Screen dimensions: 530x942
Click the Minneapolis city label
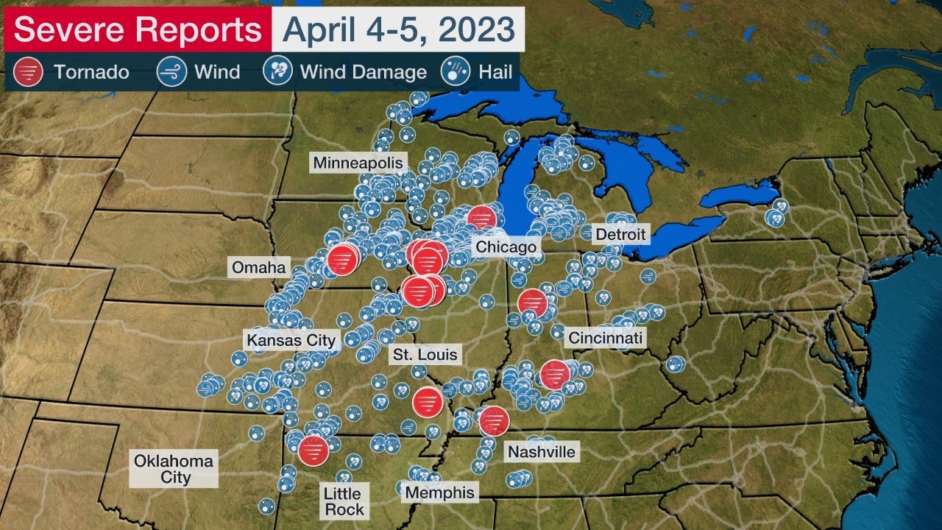point(358,162)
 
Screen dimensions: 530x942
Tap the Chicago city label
point(506,247)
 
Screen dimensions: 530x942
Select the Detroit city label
point(620,235)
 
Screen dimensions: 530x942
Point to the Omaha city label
point(258,267)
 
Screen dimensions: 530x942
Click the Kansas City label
point(291,340)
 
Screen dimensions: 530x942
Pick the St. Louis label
point(425,355)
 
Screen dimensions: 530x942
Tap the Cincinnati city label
point(605,338)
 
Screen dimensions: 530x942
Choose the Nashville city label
point(541,451)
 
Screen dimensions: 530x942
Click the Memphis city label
point(441,492)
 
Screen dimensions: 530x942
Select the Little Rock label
point(344,501)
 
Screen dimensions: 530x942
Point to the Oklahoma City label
point(174,469)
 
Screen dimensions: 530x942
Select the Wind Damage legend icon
point(277,71)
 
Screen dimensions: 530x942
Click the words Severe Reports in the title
point(138,30)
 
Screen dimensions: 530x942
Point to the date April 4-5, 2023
point(397,29)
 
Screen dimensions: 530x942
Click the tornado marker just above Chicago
point(482,219)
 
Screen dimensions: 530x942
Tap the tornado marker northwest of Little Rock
point(313,449)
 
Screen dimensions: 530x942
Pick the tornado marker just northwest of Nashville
point(494,420)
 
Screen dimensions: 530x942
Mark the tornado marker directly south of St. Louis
point(427,401)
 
